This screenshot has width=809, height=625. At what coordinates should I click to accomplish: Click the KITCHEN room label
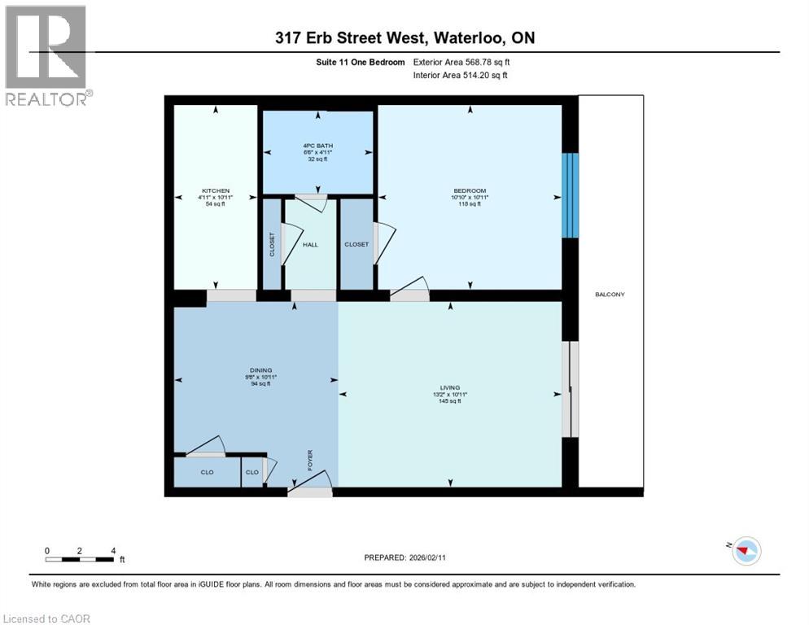point(216,191)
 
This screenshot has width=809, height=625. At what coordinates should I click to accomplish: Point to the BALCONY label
point(610,295)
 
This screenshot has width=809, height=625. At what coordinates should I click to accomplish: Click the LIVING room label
point(450,388)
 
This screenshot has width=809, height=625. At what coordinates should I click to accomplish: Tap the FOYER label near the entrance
point(309,460)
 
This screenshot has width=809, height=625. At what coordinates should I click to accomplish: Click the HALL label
point(310,244)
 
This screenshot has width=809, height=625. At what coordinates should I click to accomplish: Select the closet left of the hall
point(272,244)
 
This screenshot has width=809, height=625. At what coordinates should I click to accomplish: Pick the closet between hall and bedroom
point(356,244)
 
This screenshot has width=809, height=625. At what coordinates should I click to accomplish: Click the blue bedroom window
point(571,195)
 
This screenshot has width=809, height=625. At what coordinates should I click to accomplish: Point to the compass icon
point(745,551)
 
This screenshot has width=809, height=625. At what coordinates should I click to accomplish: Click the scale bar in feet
point(80,559)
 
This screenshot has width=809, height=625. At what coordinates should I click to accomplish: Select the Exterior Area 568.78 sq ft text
point(462,62)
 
